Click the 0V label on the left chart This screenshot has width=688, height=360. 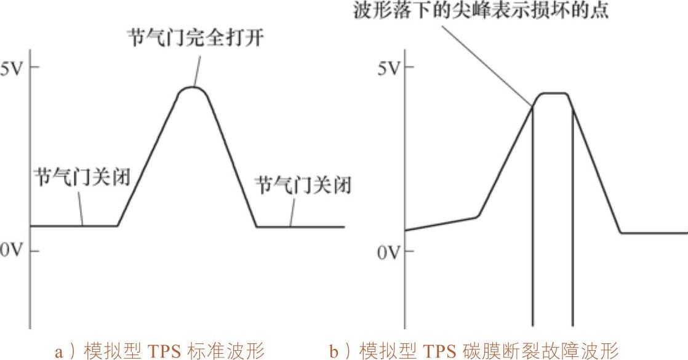pyautogui.click(x=12, y=251)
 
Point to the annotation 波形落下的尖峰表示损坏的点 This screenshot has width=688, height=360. pyautogui.click(x=481, y=11)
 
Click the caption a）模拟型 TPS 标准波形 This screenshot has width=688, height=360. pyautogui.click(x=159, y=351)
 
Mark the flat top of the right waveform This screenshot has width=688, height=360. pyautogui.click(x=552, y=94)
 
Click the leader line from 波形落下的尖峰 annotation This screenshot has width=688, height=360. pyautogui.click(x=492, y=62)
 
